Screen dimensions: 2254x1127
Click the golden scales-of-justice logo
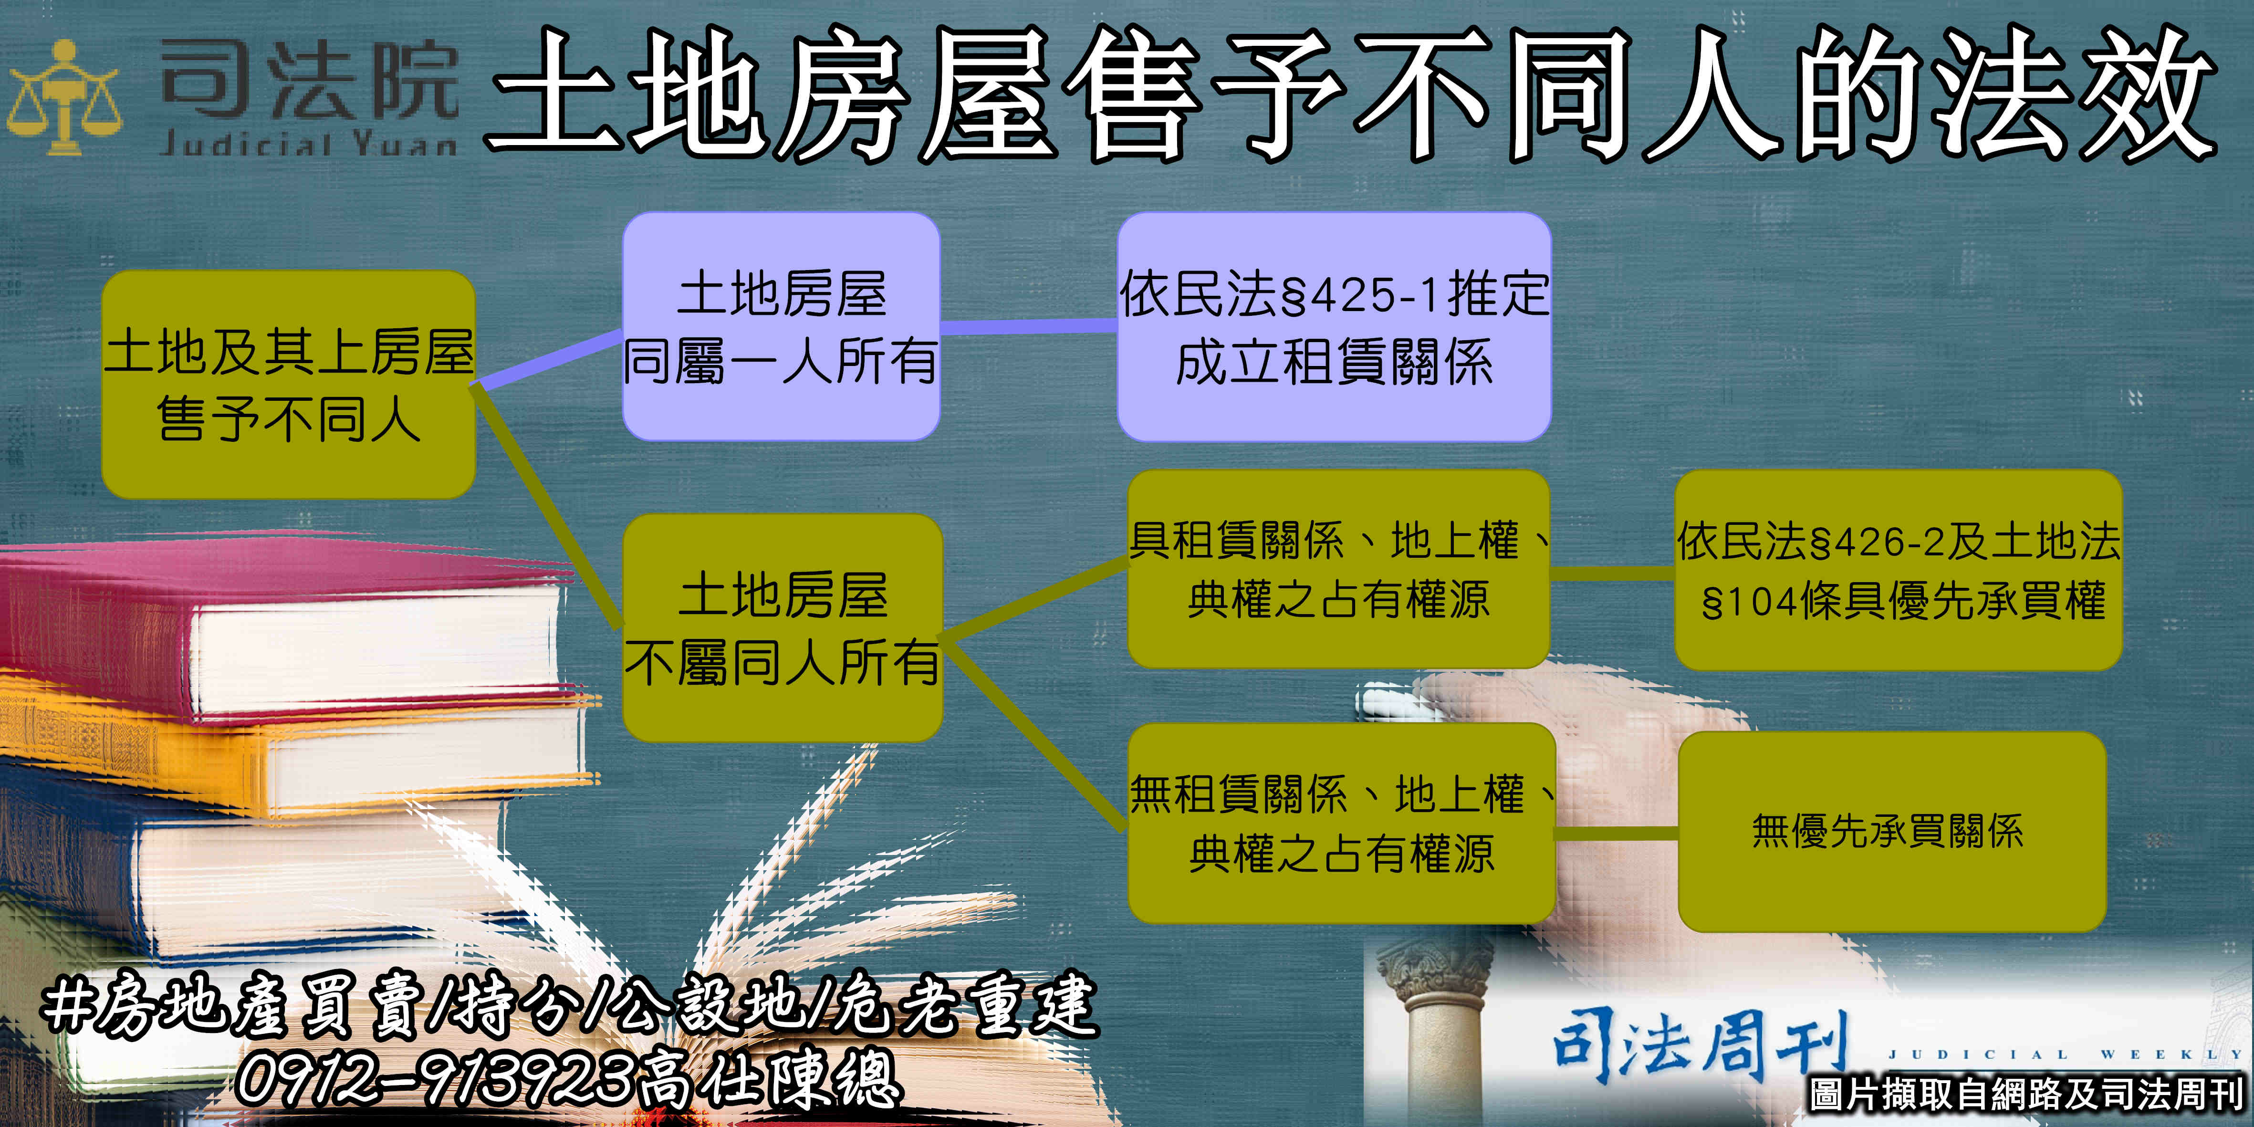point(64,97)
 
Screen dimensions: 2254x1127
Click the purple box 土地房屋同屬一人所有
point(782,326)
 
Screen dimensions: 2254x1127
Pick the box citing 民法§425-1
point(1335,326)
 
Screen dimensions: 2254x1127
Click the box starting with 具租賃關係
point(1339,569)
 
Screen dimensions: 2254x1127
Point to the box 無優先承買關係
point(1892,831)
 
